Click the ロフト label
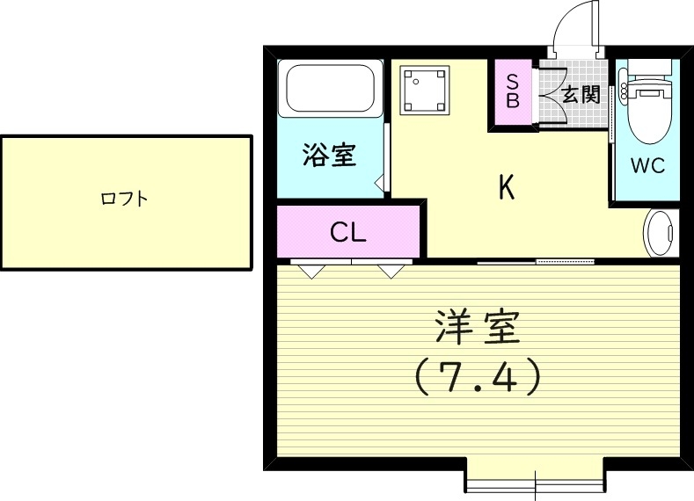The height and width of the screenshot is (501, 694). pos(124,200)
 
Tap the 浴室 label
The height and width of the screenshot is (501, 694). pos(329,156)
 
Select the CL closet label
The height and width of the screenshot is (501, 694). pos(348,232)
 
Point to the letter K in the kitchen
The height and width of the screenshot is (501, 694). pos(507,187)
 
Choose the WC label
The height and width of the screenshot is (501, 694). pos(647,165)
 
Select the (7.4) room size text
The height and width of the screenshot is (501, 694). pos(478,378)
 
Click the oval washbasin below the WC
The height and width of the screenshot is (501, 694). pos(661,234)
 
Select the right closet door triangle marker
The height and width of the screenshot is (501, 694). pos(390,271)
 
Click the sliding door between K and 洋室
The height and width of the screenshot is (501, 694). pos(537,262)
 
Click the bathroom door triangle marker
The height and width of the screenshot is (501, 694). pos(380,184)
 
